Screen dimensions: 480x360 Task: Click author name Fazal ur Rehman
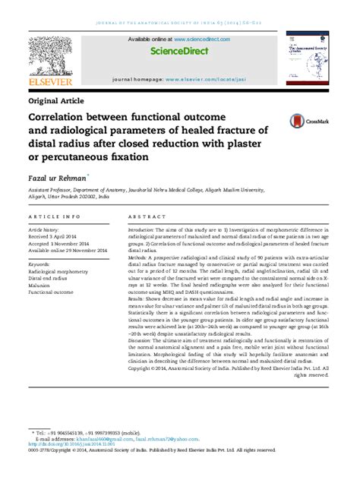[x=58, y=175]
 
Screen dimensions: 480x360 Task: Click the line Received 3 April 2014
[x=58, y=235]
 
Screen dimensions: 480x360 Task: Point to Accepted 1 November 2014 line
[x=64, y=242]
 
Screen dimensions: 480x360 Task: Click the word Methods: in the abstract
[x=140, y=258]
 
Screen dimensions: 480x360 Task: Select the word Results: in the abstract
[x=139, y=300]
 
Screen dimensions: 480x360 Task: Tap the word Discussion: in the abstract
[x=144, y=340]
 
